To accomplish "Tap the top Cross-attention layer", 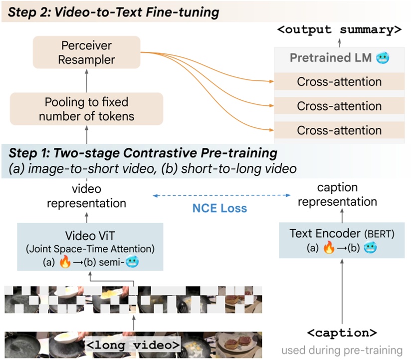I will click(339, 81).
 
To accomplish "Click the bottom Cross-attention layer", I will click(339, 130).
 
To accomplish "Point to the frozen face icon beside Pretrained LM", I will click(383, 58).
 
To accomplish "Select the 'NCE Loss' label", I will click(220, 208).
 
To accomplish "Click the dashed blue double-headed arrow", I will click(219, 196).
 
